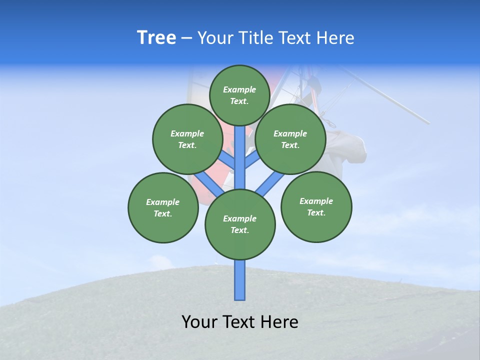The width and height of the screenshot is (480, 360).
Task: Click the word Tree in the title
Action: tap(156, 38)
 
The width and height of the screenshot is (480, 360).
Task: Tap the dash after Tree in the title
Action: tap(186, 38)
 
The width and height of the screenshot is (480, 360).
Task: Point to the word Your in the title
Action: tap(214, 38)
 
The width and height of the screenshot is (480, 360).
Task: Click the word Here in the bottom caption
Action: tap(278, 322)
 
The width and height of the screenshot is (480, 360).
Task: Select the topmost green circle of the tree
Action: tap(239, 95)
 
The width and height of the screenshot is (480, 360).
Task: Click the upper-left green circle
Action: tap(187, 139)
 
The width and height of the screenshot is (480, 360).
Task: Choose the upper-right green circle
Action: tap(290, 139)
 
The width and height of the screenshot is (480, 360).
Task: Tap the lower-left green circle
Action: tap(163, 207)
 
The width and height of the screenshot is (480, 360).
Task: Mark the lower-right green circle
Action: tap(316, 206)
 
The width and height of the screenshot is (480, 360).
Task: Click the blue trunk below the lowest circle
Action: tap(240, 280)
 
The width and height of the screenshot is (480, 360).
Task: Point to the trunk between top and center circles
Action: tap(240, 157)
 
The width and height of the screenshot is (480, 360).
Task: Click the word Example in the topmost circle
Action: tap(239, 89)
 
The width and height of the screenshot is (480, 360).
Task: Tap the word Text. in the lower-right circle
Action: tap(316, 212)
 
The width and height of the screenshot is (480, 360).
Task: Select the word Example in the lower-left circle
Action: tap(162, 202)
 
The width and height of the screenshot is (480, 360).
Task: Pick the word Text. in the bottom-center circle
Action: tap(239, 230)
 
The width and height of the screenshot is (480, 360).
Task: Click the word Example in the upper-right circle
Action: tap(290, 133)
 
